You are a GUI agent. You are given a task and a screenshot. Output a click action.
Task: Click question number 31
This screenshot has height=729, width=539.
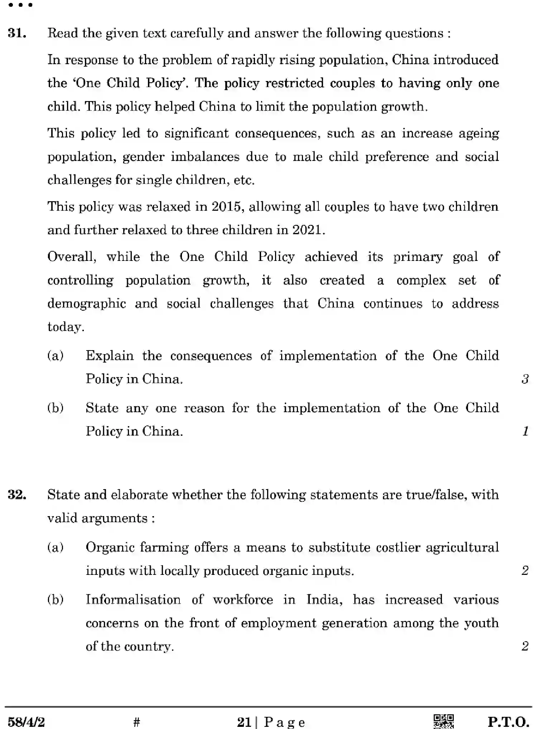17,33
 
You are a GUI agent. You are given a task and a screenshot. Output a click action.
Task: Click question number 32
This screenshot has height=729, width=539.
17,495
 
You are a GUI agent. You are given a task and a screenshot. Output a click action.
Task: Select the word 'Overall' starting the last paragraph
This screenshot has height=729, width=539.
71,257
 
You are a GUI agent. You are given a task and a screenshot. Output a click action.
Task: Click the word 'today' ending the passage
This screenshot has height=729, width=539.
65,327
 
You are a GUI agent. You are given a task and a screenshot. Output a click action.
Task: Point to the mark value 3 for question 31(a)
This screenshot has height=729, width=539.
525,379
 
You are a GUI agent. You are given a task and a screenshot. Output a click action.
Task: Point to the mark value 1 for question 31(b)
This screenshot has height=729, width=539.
525,431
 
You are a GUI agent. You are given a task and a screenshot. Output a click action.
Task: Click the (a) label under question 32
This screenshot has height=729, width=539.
56,547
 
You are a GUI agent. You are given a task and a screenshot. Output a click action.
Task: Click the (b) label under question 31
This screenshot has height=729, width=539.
56,408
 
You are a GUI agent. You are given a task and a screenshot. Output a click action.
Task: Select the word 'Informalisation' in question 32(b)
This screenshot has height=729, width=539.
133,600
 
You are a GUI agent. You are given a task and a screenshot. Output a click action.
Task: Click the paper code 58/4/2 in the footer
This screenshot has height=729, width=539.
26,721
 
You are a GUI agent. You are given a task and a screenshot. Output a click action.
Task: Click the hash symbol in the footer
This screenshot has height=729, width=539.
136,721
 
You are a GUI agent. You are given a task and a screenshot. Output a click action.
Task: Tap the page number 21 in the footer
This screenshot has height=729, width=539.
244,721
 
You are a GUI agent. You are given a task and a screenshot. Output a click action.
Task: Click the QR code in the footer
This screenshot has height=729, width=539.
443,721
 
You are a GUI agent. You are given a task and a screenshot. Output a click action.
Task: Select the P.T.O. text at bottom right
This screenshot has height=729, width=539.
508,721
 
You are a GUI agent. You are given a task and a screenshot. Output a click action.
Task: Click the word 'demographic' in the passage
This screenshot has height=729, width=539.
87,304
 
